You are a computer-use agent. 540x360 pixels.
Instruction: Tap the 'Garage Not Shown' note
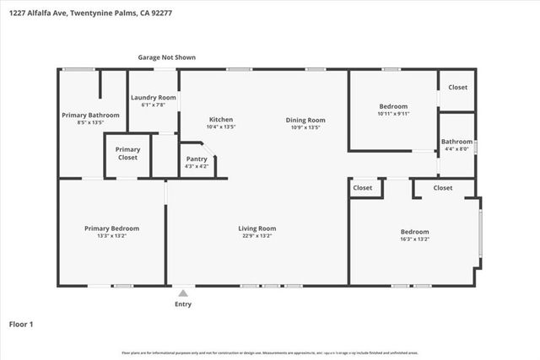167,57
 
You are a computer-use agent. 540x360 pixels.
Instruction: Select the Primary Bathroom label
91,115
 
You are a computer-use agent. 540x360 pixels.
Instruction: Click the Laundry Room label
153,98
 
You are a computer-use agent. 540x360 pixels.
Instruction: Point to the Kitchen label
220,120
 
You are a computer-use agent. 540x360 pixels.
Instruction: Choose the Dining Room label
307,120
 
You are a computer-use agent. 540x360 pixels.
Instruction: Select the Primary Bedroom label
111,228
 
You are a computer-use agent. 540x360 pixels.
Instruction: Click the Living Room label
256,228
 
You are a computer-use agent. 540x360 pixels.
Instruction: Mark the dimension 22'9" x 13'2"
256,237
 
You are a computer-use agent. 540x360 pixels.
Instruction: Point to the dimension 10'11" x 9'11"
393,114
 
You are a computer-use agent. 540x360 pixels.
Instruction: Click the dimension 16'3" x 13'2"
414,239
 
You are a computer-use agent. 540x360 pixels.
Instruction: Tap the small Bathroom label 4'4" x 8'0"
456,149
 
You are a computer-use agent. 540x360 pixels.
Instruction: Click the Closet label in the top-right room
457,88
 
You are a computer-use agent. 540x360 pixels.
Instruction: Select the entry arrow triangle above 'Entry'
182,293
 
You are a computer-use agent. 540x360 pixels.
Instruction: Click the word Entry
182,304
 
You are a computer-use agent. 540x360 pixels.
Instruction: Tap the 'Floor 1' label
20,324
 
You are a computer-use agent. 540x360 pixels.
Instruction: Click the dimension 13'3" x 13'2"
111,237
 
